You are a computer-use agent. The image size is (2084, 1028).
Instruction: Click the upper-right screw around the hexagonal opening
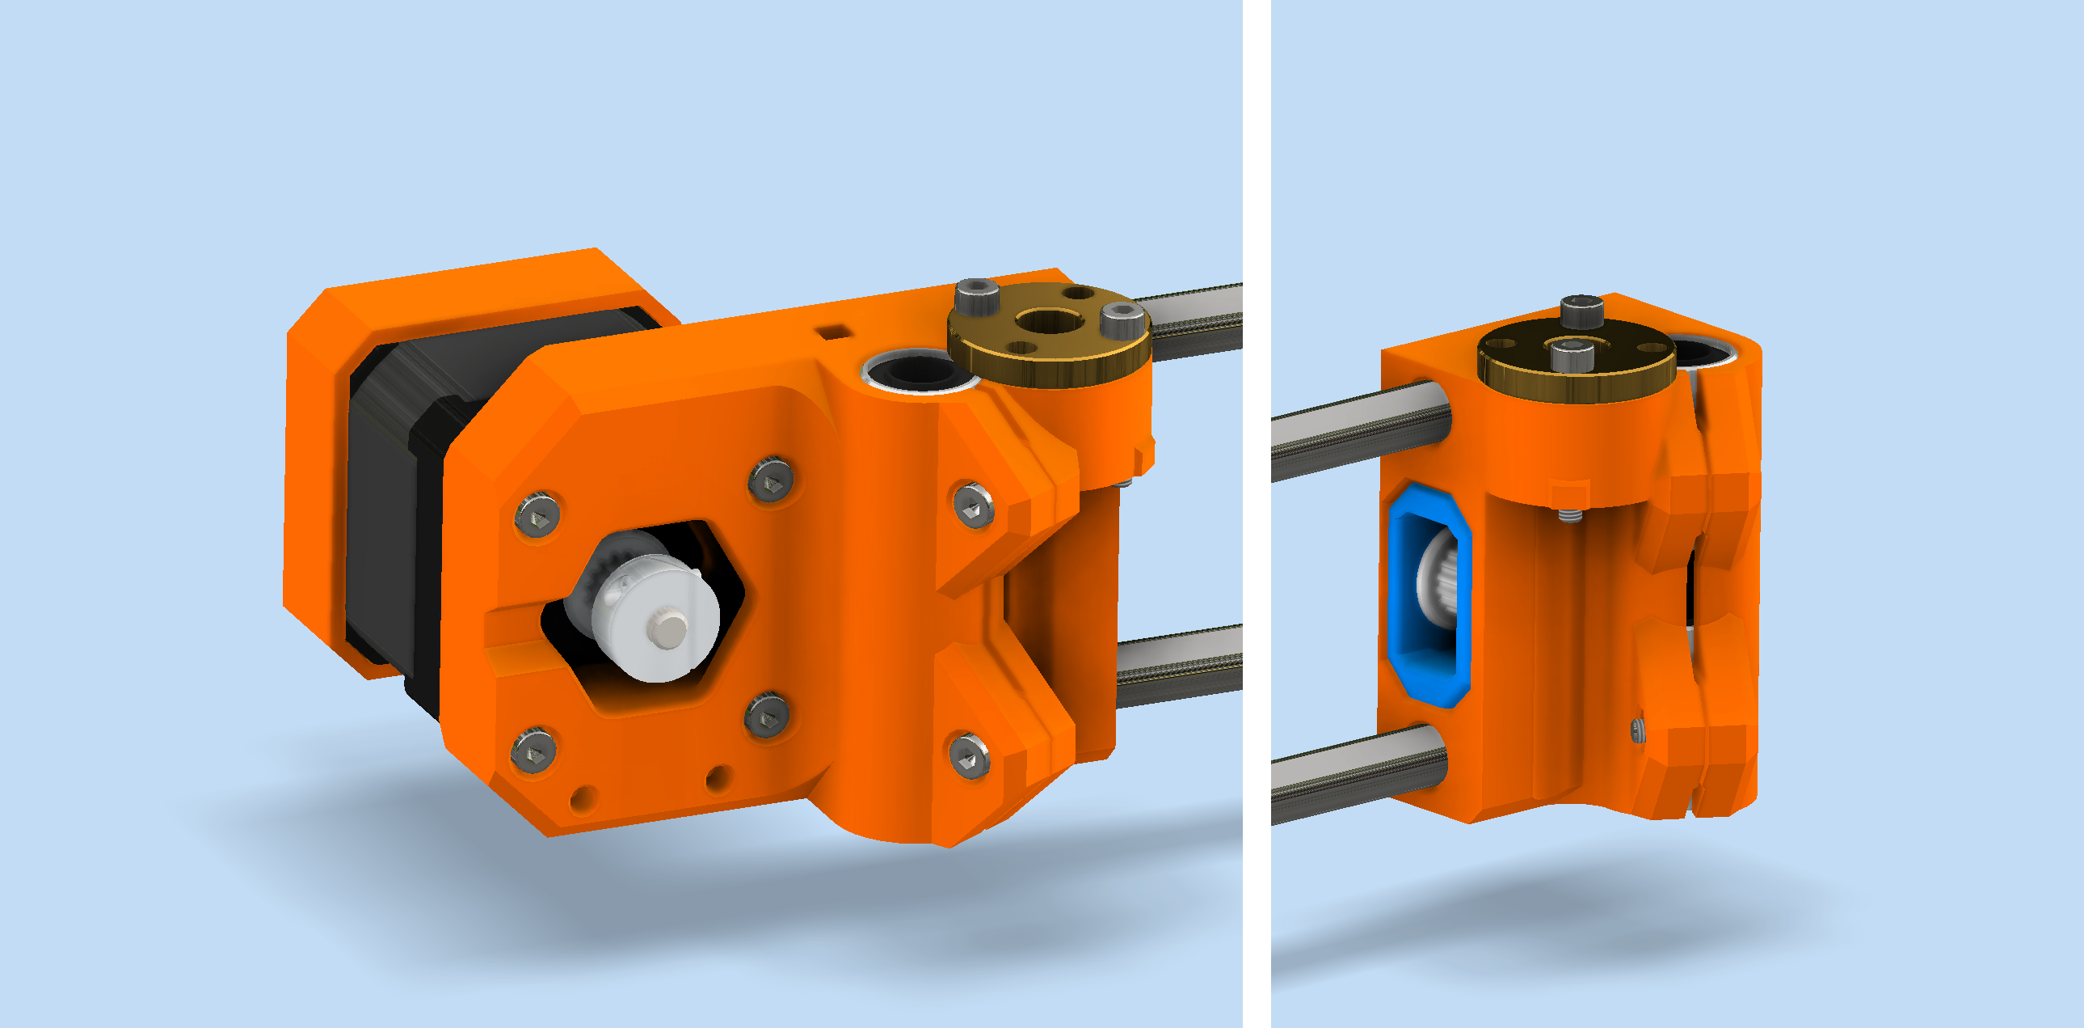coord(770,481)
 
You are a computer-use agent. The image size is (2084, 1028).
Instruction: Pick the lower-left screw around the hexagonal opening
coord(534,751)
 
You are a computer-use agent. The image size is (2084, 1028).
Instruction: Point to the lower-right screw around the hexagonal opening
coord(766,715)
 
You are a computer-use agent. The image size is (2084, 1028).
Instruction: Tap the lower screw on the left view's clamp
coord(969,757)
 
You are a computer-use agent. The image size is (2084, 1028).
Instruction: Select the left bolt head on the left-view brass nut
coord(975,294)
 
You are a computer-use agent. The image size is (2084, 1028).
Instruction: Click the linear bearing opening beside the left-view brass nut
coord(918,370)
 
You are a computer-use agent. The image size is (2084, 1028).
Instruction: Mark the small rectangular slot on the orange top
coord(832,331)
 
